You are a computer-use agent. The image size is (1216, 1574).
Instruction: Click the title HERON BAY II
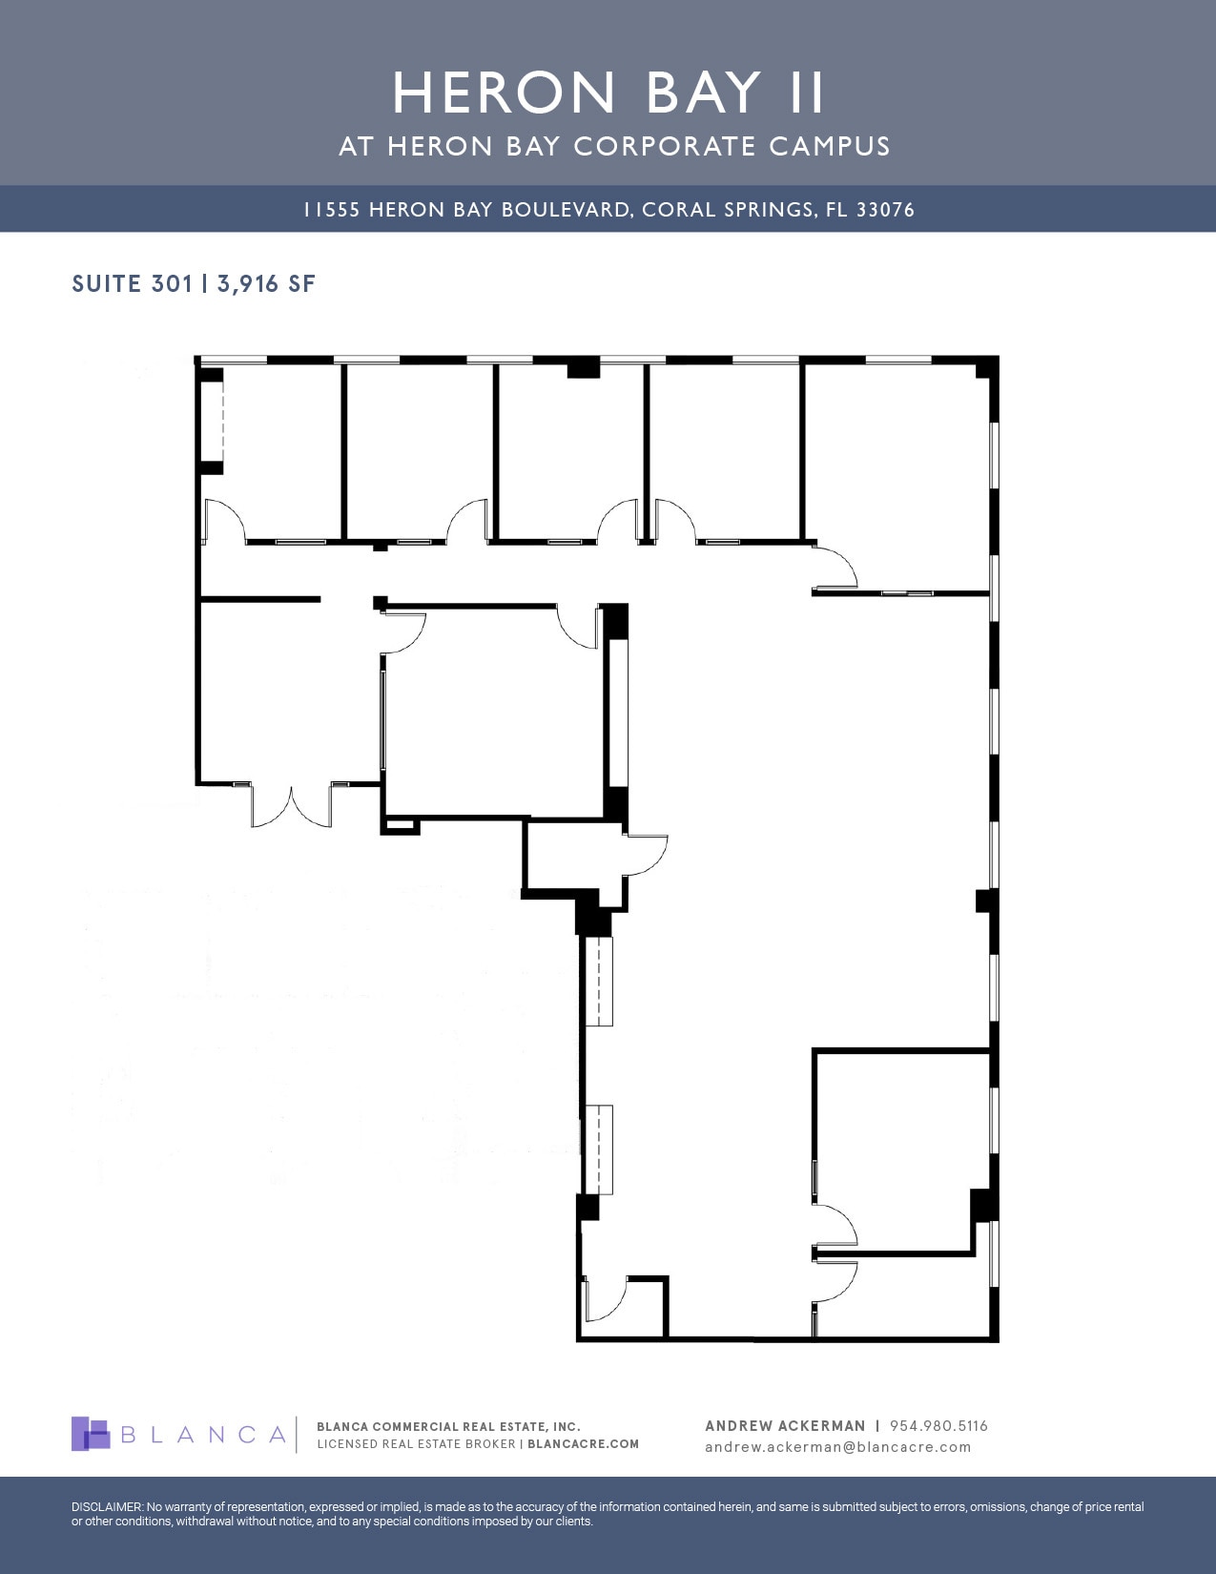tap(608, 93)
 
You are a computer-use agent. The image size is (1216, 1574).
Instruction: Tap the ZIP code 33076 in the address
tap(885, 210)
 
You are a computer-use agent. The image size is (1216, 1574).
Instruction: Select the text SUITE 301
tap(133, 283)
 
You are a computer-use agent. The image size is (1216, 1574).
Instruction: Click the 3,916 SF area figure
tap(266, 283)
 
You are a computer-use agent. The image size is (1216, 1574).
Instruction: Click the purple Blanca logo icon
tap(91, 1434)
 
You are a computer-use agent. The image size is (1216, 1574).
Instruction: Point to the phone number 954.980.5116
tap(938, 1426)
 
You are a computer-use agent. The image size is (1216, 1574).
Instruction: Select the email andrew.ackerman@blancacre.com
tap(837, 1447)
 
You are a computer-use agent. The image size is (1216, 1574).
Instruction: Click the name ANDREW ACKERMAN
tap(785, 1426)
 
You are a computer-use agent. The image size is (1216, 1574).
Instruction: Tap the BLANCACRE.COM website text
tap(583, 1444)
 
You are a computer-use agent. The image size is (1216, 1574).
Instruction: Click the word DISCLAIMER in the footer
tap(107, 1507)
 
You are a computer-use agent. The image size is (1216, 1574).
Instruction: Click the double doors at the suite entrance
tap(291, 806)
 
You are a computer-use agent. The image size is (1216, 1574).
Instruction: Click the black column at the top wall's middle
tap(583, 368)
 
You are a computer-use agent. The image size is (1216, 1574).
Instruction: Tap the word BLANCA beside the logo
tap(204, 1435)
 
